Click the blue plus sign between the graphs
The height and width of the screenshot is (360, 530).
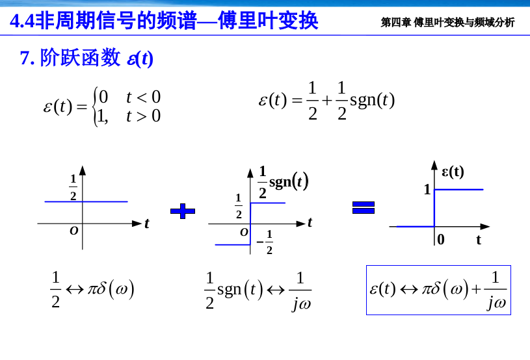[183, 210]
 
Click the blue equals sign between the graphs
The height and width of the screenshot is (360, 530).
[364, 207]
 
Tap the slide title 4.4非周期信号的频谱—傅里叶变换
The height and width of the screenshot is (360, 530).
[165, 21]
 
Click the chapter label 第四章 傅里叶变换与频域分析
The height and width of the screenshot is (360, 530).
[447, 23]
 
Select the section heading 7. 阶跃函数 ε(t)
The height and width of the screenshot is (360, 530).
[86, 58]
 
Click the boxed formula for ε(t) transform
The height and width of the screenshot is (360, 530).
[438, 290]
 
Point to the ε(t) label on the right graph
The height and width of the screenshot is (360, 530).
[453, 172]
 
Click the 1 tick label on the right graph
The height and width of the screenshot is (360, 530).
[427, 190]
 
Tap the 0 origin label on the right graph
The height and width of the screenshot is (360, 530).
[441, 240]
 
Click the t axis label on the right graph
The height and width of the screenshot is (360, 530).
[479, 240]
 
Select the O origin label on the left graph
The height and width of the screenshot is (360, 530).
[73, 231]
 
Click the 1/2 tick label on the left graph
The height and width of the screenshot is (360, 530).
[73, 187]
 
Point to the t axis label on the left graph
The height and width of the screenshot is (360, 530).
[147, 224]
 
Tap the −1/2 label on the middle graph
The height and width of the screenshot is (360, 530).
[265, 242]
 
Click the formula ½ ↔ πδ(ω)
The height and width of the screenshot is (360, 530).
[92, 290]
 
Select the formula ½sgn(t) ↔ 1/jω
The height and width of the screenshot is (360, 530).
[258, 290]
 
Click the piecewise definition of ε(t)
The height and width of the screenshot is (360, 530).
[102, 107]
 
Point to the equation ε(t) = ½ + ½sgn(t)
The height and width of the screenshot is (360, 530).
[326, 101]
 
